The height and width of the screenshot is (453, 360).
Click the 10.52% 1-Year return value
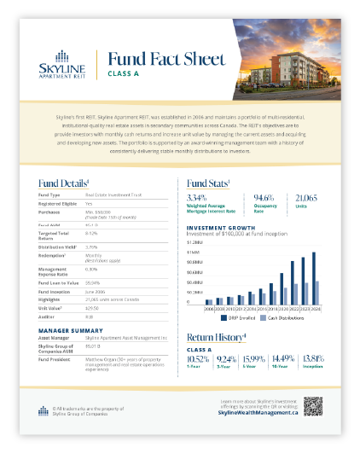(197, 360)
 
